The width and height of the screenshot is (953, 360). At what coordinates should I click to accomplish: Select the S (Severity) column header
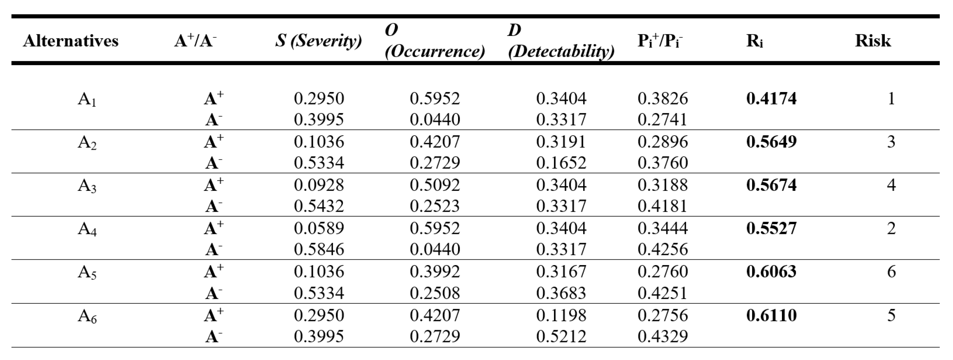click(318, 41)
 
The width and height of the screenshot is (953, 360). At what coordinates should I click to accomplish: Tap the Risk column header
click(872, 41)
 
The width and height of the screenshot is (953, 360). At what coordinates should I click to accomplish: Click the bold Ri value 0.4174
click(771, 98)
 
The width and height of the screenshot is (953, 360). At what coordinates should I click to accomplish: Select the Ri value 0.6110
click(771, 315)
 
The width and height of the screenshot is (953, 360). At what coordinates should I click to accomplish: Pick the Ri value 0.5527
click(771, 228)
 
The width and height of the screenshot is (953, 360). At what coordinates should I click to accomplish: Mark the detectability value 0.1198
click(561, 315)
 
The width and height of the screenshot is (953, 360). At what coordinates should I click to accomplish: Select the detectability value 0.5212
click(561, 336)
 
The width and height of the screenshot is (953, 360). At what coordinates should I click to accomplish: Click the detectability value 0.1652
click(561, 163)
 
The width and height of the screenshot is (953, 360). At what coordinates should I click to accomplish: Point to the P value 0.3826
click(662, 98)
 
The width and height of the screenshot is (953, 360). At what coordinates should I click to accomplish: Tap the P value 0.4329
click(662, 336)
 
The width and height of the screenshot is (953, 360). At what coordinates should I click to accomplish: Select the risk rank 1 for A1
click(891, 98)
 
